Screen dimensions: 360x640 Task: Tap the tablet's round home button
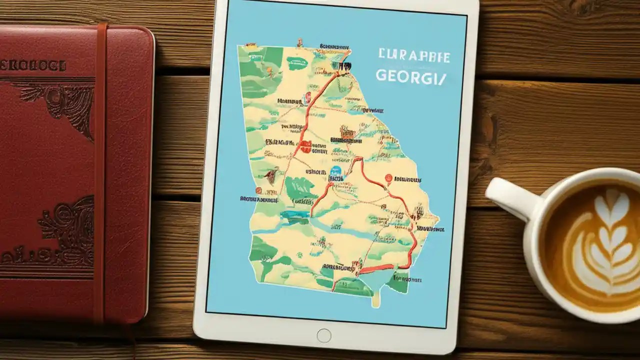coord(323,335)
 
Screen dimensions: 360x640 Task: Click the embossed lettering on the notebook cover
coord(33,66)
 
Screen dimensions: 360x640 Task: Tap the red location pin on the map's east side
coord(388,177)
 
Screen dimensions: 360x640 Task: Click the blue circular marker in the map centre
coord(336,171)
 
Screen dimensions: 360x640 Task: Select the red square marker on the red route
coord(305,146)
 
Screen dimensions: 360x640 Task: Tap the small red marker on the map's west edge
coord(258,190)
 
